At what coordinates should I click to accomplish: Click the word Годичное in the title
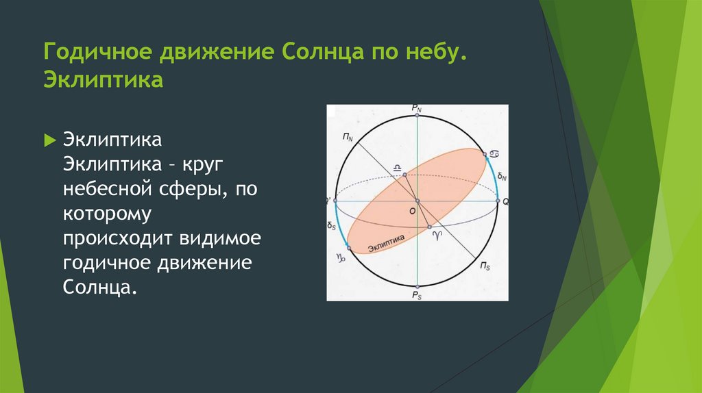pos(98,52)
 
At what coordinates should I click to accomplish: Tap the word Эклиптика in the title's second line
pos(104,79)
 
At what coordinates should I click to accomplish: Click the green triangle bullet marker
pos(49,141)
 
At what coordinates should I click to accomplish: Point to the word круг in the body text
pos(202,165)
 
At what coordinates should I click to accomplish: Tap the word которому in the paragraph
pos(107,214)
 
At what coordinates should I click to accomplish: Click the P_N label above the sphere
pos(417,109)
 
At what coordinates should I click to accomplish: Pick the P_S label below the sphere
pos(417,296)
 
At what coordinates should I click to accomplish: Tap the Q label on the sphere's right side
pos(505,202)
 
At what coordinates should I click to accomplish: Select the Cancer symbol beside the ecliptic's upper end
pos(494,154)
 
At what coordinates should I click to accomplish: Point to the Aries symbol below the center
pos(437,235)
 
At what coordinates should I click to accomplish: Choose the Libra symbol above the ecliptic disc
pos(397,168)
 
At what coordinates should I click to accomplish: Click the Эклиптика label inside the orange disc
pos(387,243)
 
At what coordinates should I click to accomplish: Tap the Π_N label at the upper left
pos(348,137)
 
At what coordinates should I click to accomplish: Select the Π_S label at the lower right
pos(485,266)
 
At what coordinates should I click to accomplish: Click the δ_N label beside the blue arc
pos(502,177)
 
